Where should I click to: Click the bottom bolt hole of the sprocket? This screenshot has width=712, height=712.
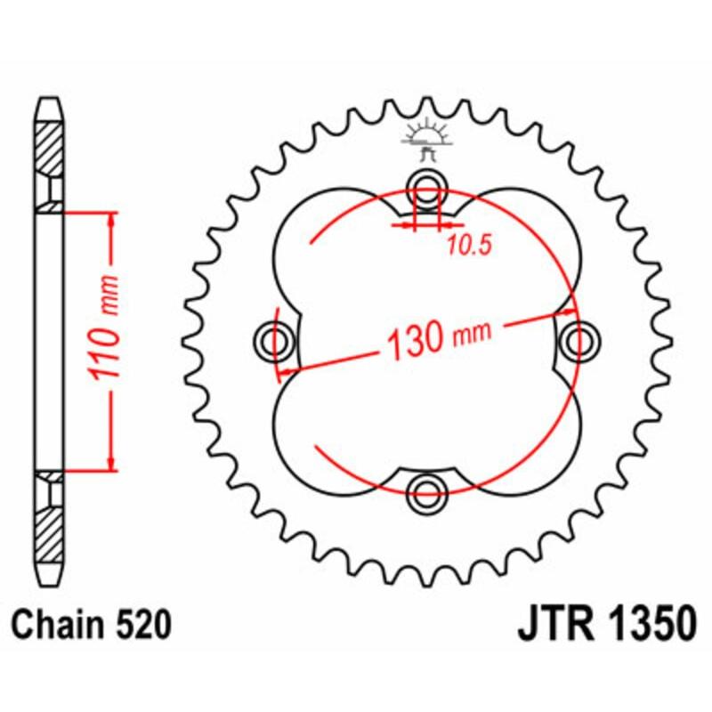click(x=428, y=488)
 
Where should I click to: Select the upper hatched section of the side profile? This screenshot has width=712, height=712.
click(x=50, y=147)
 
